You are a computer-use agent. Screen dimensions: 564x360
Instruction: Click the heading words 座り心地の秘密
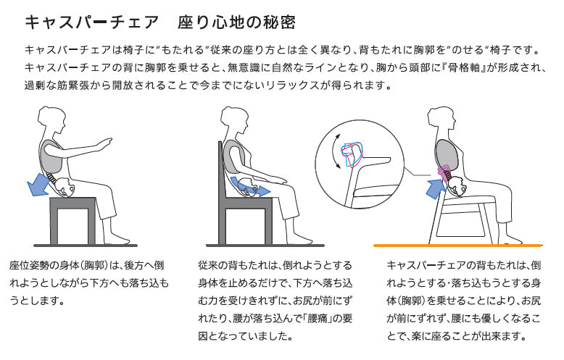pyautogui.click(x=236, y=22)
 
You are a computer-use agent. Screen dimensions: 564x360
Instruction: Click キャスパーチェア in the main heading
pyautogui.click(x=92, y=22)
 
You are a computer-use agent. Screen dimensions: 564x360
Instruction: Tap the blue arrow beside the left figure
pyautogui.click(x=38, y=183)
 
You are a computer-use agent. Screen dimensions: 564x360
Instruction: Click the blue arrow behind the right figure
pyautogui.click(x=436, y=188)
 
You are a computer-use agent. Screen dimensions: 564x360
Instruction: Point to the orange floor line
pyautogui.click(x=457, y=246)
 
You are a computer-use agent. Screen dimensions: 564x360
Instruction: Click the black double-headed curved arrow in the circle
pyautogui.click(x=336, y=151)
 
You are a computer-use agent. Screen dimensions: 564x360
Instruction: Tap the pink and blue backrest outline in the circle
pyautogui.click(x=353, y=155)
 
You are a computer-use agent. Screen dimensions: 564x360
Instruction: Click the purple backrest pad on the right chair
pyautogui.click(x=444, y=172)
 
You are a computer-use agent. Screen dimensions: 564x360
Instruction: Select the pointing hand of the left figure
pyautogui.click(x=107, y=141)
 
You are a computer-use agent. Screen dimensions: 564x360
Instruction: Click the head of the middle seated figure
pyautogui.click(x=234, y=119)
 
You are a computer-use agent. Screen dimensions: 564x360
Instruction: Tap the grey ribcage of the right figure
pyautogui.click(x=447, y=154)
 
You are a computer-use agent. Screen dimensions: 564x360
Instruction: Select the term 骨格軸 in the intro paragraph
pyautogui.click(x=465, y=67)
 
